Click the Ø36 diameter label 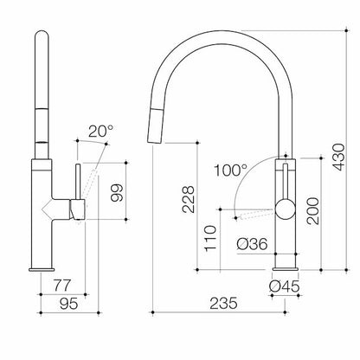click(252, 245)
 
